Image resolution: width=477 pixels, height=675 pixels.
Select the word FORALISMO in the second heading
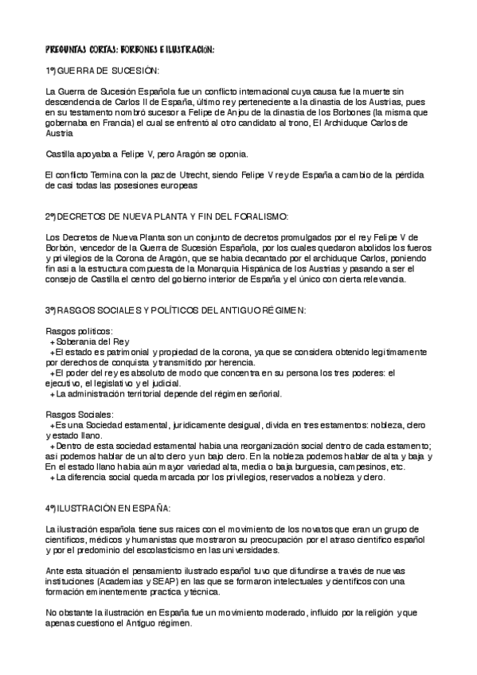pos(251,217)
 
